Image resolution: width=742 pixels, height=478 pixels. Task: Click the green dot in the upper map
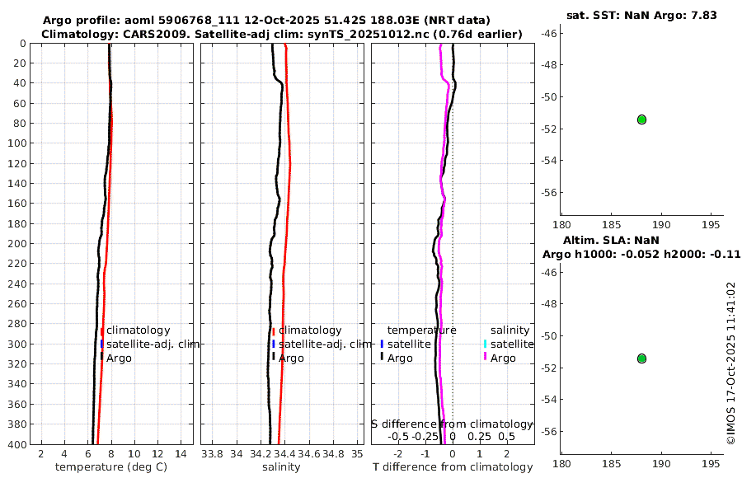[x=641, y=119]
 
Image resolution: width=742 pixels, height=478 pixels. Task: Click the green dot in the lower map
[x=641, y=358]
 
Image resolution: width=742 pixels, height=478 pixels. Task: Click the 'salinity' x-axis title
[x=281, y=467]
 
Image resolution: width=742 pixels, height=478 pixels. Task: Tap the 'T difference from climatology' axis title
[x=453, y=467]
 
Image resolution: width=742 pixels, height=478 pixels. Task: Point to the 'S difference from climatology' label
[x=452, y=424]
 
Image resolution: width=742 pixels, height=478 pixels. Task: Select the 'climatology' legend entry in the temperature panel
[x=138, y=330]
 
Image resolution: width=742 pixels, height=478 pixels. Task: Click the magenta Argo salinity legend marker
[x=486, y=358]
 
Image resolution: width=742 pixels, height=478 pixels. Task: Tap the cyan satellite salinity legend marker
[x=486, y=344]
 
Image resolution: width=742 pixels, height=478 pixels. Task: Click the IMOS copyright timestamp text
[x=730, y=363]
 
